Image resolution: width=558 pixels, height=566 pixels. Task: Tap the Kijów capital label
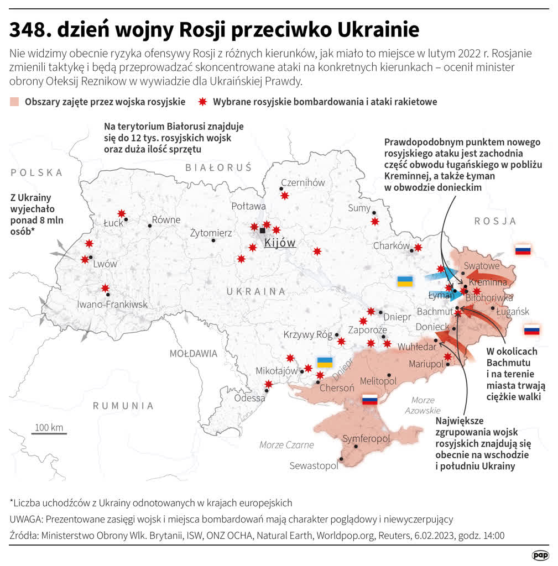click(280, 243)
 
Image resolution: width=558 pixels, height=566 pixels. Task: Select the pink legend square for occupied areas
click(15, 102)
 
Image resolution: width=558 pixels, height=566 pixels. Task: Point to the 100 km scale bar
click(49, 433)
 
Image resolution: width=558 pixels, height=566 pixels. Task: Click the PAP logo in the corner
click(540, 554)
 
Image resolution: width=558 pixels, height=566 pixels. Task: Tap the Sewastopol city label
click(314, 466)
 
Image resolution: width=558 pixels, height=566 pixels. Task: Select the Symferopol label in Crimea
click(366, 439)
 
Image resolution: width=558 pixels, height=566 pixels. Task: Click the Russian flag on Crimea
click(369, 400)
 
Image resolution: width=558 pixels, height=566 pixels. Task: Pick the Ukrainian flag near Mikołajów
click(325, 363)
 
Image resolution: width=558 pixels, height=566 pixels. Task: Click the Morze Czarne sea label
click(286, 444)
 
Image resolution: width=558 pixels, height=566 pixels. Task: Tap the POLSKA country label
click(36, 172)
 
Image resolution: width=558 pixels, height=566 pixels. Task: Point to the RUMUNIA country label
click(123, 406)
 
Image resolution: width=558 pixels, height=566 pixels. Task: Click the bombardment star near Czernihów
click(285, 196)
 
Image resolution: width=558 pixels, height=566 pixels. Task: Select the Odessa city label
click(249, 398)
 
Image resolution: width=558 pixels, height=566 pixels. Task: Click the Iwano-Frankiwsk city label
click(112, 304)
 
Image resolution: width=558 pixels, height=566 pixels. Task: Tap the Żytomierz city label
click(211, 233)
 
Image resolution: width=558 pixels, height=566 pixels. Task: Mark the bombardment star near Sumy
click(375, 222)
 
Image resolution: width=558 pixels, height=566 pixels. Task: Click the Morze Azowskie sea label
click(423, 405)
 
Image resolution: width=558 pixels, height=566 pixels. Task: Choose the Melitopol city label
click(378, 381)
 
